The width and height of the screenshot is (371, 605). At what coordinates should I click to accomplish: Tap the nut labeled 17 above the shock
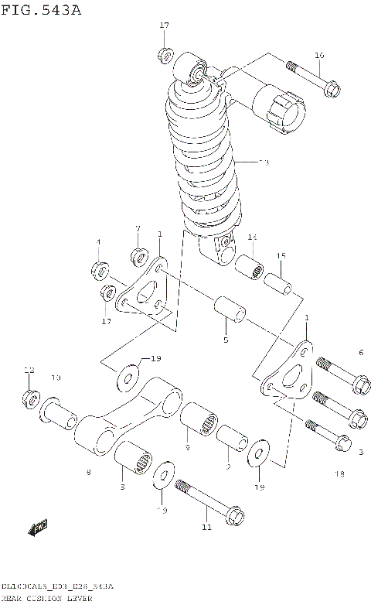click(x=165, y=54)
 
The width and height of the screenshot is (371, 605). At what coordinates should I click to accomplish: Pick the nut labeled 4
click(x=100, y=269)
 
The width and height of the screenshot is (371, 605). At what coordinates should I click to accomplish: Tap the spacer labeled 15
click(x=280, y=282)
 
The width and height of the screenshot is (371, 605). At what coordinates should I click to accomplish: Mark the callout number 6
click(x=360, y=353)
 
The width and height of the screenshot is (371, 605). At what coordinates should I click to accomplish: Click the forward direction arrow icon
click(x=37, y=529)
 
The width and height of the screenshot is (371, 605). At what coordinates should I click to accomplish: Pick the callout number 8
click(x=89, y=473)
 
